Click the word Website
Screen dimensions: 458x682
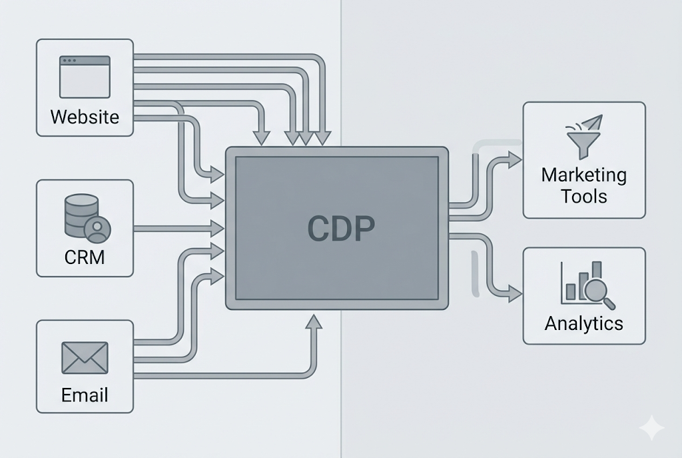85,117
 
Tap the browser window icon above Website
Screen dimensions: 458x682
85,77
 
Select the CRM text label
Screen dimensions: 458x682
85,257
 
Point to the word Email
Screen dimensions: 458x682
85,395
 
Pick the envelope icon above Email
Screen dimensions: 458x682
85,357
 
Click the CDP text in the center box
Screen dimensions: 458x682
341,228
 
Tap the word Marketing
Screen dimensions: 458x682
584,175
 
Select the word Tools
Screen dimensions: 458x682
584,196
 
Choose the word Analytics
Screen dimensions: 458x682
584,324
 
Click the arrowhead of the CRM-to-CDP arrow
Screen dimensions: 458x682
218,228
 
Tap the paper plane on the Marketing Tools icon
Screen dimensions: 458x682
592,123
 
